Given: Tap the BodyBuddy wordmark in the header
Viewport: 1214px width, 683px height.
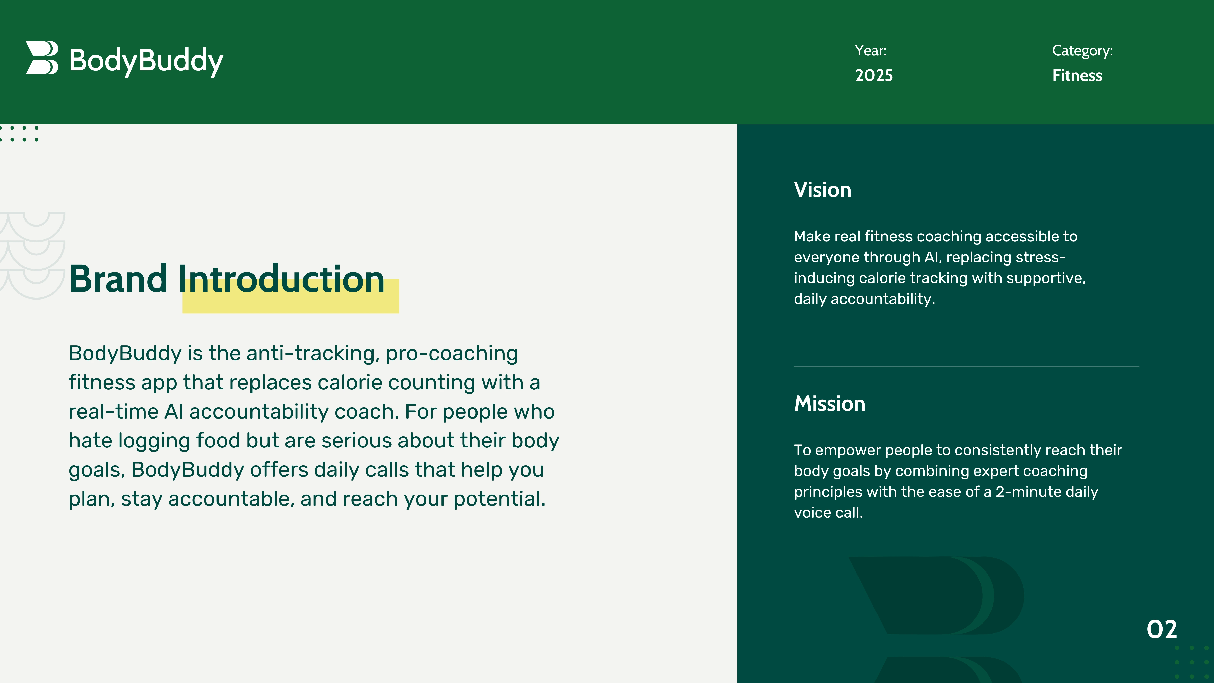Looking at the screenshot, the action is point(146,61).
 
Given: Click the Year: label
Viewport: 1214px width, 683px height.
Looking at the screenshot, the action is point(870,50).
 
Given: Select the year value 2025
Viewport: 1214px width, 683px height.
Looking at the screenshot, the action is point(874,75).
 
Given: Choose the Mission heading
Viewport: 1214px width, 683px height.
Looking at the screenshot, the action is point(829,404).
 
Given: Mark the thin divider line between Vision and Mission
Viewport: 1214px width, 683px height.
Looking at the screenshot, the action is point(967,366).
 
